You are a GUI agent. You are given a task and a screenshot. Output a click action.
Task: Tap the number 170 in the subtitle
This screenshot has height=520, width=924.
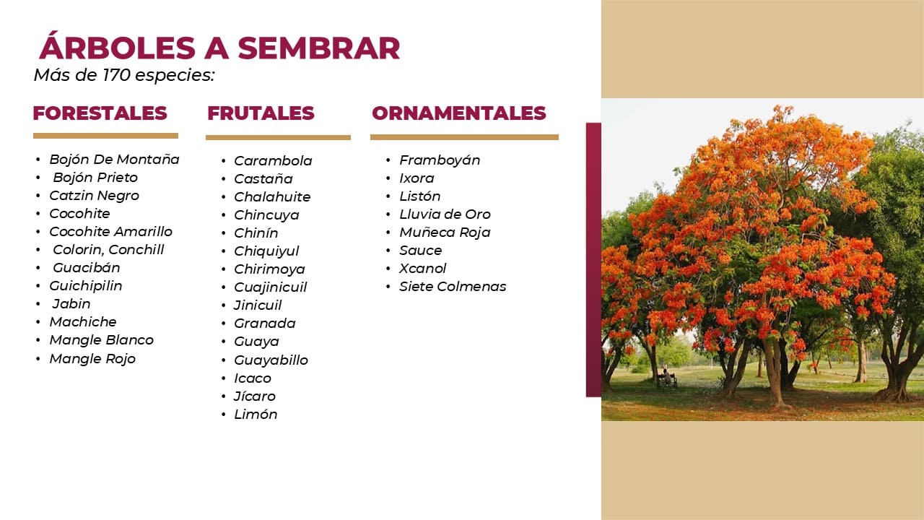117,75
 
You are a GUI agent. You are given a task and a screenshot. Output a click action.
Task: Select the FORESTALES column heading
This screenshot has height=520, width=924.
100,113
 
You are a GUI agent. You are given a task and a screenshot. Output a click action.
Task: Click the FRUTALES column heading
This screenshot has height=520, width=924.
261,113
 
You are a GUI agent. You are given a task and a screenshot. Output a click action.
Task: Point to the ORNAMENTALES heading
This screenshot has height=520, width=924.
458,113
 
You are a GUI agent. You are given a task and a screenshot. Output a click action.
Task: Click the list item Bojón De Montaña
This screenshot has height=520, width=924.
114,160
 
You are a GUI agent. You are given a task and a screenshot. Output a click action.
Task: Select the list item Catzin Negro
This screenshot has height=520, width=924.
94,196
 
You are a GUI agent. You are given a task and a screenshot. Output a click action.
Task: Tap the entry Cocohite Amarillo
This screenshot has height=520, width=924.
110,232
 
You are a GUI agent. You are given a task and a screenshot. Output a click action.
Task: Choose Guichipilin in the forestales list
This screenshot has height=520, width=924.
86,285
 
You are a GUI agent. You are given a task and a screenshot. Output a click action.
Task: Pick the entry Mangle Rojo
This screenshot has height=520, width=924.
92,359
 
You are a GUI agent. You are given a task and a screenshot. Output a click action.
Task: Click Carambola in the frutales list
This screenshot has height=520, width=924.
273,160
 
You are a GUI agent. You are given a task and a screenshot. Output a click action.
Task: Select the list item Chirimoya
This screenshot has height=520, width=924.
269,269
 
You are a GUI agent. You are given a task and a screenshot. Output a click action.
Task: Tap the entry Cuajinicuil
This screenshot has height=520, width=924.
271,287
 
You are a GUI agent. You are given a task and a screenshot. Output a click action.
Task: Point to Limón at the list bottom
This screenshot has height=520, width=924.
256,415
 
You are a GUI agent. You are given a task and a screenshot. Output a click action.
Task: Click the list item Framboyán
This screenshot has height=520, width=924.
440,160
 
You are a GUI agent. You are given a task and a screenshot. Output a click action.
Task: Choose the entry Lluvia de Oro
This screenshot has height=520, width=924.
445,214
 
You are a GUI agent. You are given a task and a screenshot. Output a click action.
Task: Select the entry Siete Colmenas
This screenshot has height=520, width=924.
453,287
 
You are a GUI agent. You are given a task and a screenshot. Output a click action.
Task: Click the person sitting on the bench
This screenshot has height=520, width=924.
666,377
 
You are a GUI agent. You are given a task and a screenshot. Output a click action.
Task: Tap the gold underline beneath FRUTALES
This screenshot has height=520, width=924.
278,137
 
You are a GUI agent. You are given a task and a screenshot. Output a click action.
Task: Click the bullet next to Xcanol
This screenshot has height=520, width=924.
388,269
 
